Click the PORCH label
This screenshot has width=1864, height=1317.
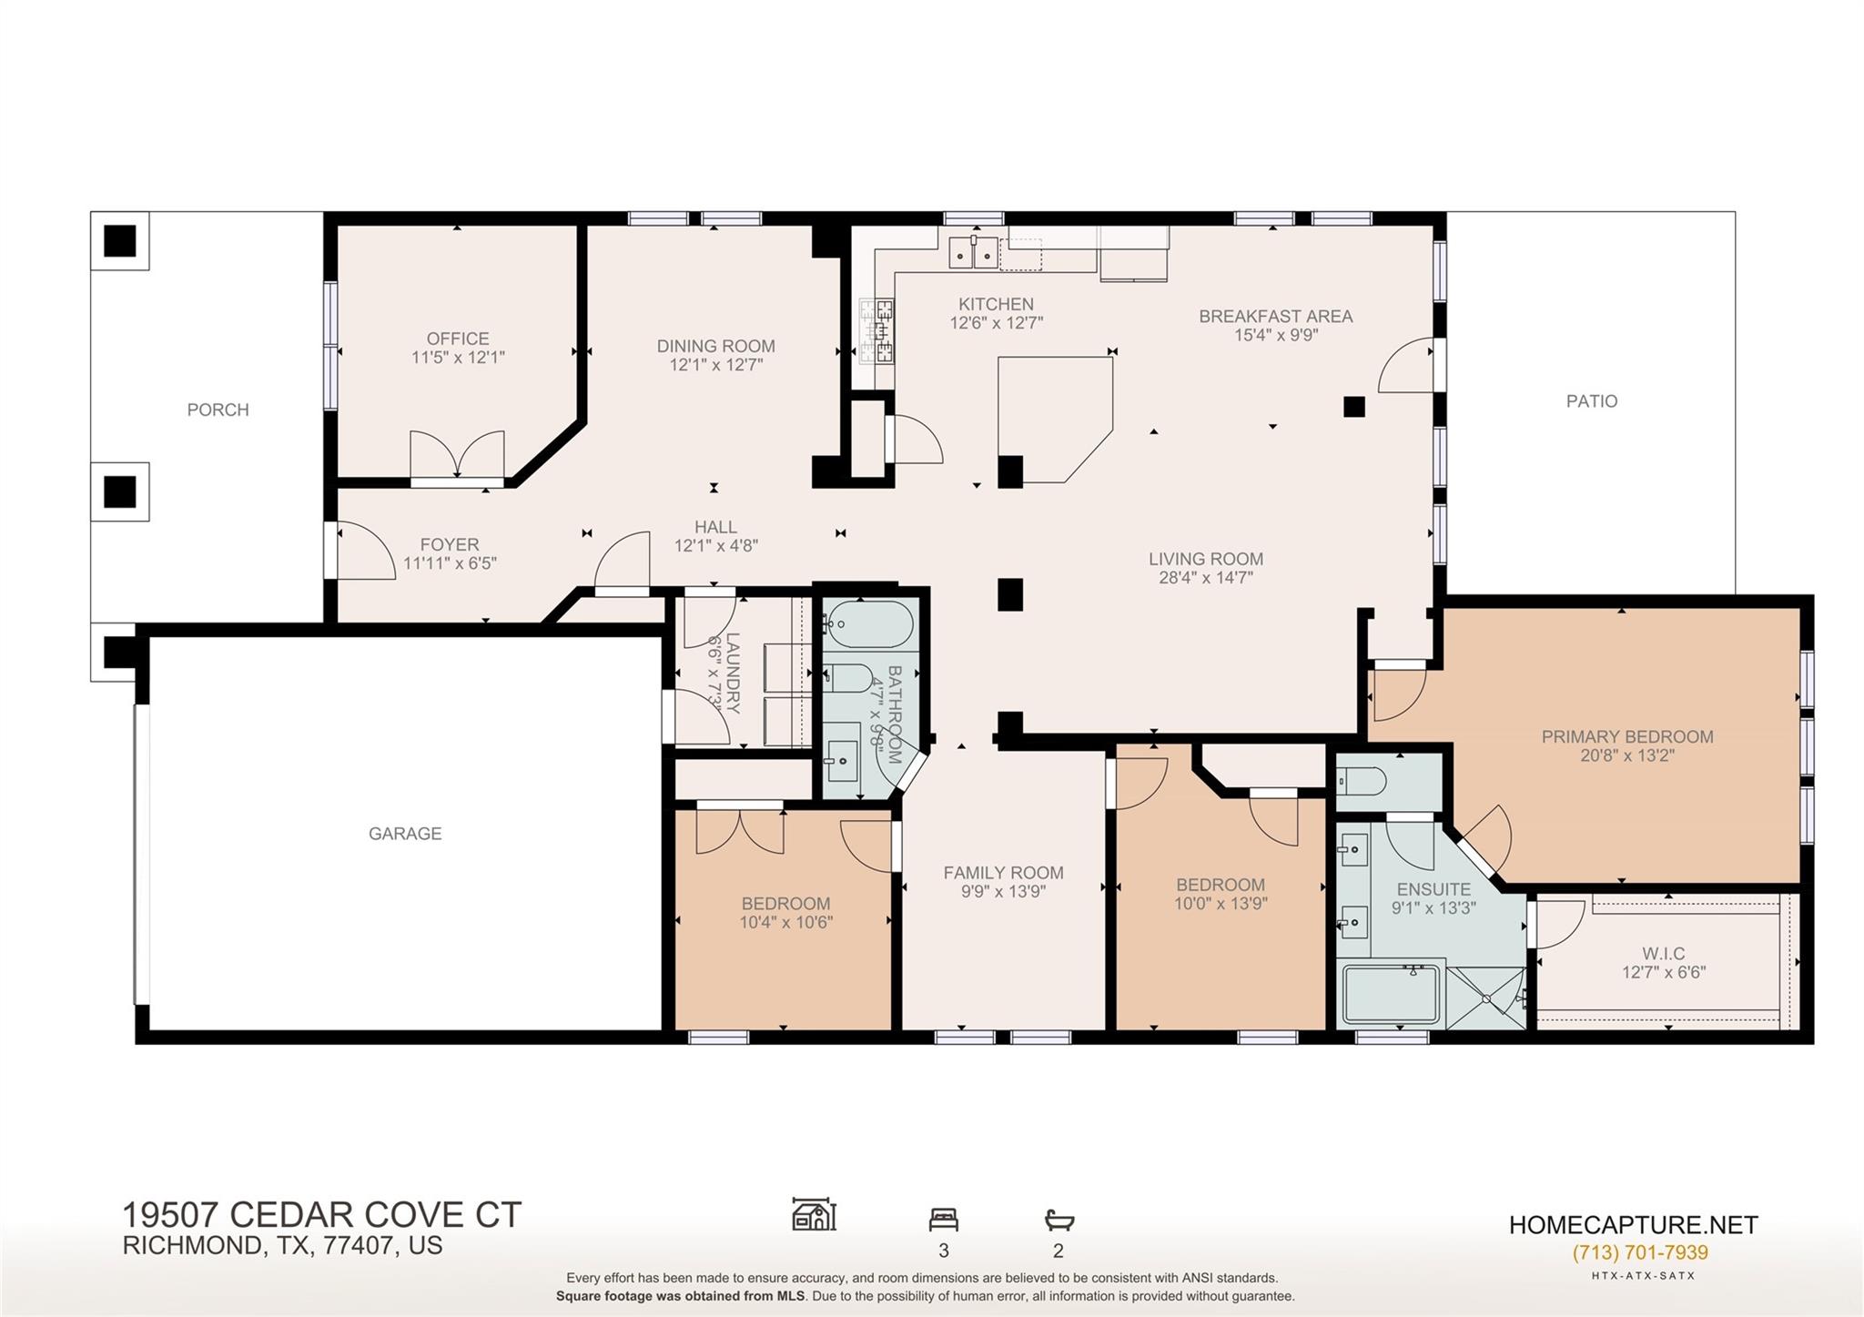218,410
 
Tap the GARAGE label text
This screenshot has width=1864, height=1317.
405,833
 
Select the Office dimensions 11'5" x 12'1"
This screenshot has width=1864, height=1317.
458,358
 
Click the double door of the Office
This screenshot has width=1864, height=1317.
457,454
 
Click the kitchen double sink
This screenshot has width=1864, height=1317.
973,254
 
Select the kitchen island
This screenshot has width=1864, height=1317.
1054,417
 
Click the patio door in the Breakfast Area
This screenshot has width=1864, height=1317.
1407,366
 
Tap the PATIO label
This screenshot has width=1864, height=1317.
1591,400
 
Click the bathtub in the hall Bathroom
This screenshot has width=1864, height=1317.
867,624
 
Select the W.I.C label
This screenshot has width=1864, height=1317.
1663,953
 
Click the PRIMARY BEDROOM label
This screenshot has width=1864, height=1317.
1626,736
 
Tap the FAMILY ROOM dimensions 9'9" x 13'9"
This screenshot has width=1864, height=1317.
1003,892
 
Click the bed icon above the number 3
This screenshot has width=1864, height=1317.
943,1219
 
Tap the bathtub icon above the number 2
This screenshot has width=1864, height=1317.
1059,1220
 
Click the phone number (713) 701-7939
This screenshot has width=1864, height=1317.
1640,1252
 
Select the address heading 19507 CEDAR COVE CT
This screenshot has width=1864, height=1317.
321,1215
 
